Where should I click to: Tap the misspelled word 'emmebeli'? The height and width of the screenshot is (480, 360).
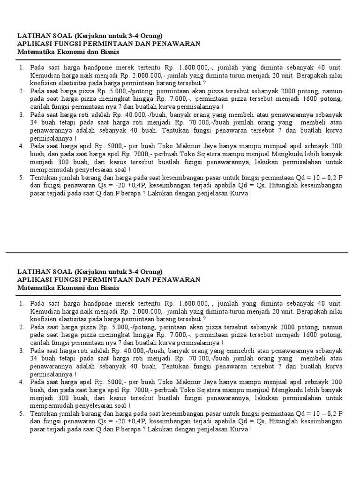pyautogui.click(x=193, y=351)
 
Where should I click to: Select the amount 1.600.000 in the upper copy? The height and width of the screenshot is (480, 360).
pyautogui.click(x=195, y=68)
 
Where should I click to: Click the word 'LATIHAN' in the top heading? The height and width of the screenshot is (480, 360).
pyautogui.click(x=33, y=36)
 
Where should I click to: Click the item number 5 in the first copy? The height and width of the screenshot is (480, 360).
pyautogui.click(x=21, y=178)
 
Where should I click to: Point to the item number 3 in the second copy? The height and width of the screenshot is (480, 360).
pyautogui.click(x=21, y=351)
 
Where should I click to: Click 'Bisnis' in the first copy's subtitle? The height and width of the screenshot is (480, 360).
pyautogui.click(x=109, y=52)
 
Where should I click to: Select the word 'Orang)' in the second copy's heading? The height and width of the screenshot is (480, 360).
pyautogui.click(x=150, y=271)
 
